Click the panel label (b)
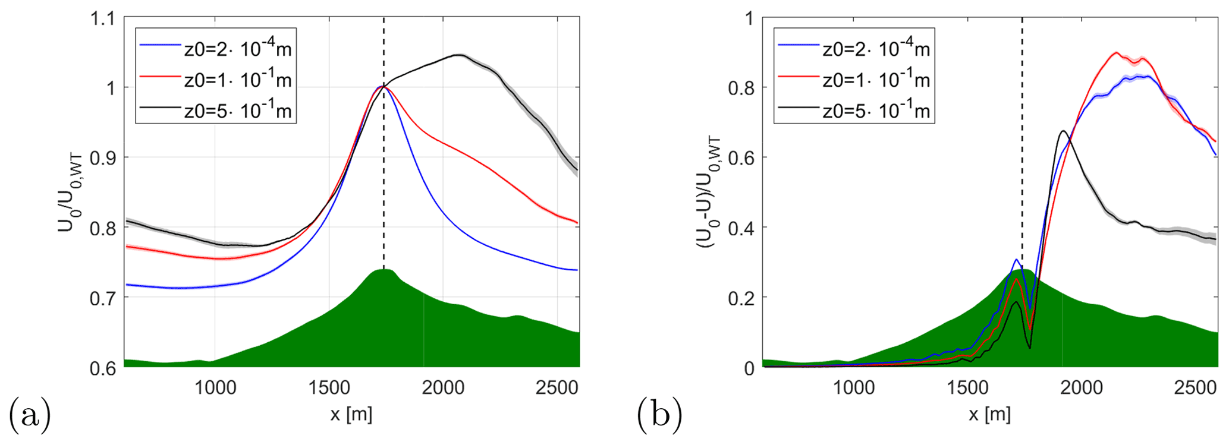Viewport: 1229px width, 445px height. pyautogui.click(x=659, y=414)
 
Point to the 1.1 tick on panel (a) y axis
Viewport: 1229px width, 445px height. pyautogui.click(x=102, y=18)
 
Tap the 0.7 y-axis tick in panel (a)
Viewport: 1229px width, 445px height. pyautogui.click(x=102, y=298)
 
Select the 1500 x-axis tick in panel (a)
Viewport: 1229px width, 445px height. pyautogui.click(x=329, y=388)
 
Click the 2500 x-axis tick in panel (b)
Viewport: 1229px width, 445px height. pyautogui.click(x=1195, y=388)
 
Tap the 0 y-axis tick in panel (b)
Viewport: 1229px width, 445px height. pyautogui.click(x=749, y=368)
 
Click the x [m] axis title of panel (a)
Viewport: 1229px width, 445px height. pyautogui.click(x=351, y=414)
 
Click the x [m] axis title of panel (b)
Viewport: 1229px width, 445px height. pyautogui.click(x=989, y=414)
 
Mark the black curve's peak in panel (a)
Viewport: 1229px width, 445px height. pyautogui.click(x=458, y=55)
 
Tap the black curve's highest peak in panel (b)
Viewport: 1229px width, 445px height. pyautogui.click(x=1063, y=131)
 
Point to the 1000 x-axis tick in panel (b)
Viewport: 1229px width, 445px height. pyautogui.click(x=853, y=388)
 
